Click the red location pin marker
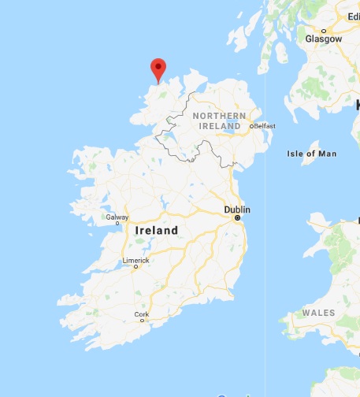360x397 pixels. pyautogui.click(x=158, y=68)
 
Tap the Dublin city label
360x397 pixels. pyautogui.click(x=237, y=210)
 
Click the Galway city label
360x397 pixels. pyautogui.click(x=117, y=217)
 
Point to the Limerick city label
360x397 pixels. pyautogui.click(x=135, y=260)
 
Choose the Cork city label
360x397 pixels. pyautogui.click(x=142, y=314)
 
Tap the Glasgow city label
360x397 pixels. pyautogui.click(x=324, y=39)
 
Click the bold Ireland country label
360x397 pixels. pyautogui.click(x=157, y=230)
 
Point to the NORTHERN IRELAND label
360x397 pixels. pyautogui.click(x=220, y=121)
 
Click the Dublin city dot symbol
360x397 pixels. pyautogui.click(x=237, y=219)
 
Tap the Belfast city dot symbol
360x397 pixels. pyautogui.click(x=251, y=126)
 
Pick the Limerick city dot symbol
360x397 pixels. pyautogui.click(x=135, y=267)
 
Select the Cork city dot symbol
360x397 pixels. pyautogui.click(x=142, y=321)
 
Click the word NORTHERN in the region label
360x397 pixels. pyautogui.click(x=220, y=116)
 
